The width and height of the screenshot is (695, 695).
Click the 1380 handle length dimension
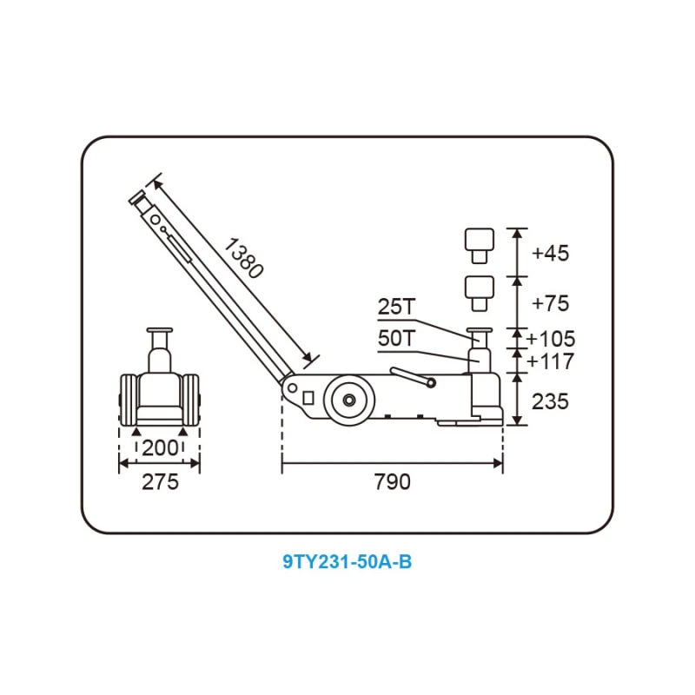pyautogui.click(x=243, y=258)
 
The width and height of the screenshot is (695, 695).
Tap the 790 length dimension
pyautogui.click(x=393, y=482)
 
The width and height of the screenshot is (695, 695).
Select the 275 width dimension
pyautogui.click(x=160, y=482)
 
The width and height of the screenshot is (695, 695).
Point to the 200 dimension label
pyautogui.click(x=160, y=448)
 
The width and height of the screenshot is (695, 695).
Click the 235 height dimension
pyautogui.click(x=550, y=401)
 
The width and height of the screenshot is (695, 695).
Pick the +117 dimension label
pyautogui.click(x=550, y=361)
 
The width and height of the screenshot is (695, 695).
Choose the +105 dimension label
pyautogui.click(x=551, y=339)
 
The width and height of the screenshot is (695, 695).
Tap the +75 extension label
pyautogui.click(x=550, y=303)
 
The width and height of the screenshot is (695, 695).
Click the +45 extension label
pyautogui.click(x=550, y=253)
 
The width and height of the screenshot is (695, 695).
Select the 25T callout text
pyautogui.click(x=397, y=307)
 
